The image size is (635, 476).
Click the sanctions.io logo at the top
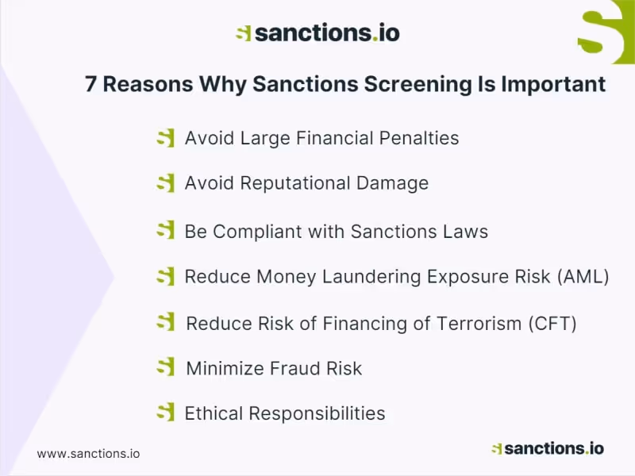[x=317, y=33]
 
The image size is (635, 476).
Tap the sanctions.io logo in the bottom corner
[x=548, y=448]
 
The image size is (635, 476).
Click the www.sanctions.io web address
[x=88, y=454]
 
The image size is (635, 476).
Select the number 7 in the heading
[x=91, y=84]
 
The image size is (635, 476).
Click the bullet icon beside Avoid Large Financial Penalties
[x=165, y=138]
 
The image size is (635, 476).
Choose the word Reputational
[x=284, y=183]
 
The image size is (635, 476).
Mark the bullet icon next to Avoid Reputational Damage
[x=165, y=183]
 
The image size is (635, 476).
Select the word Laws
[x=464, y=232]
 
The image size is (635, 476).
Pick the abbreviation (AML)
[x=583, y=277]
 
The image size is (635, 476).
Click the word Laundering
[x=371, y=277]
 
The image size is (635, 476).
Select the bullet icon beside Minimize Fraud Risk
[x=165, y=367]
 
